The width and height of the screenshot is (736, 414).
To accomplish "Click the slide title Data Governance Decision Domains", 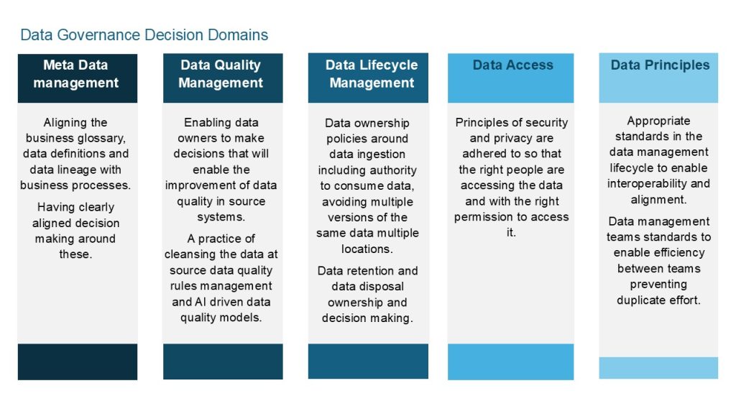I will [x=144, y=34].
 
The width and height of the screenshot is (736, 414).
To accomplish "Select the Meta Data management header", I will [x=76, y=74].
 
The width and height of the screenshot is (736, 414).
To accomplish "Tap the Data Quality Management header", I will [x=221, y=74].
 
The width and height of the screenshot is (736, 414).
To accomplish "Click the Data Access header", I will [x=512, y=65].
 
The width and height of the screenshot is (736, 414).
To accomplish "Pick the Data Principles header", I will [x=660, y=65].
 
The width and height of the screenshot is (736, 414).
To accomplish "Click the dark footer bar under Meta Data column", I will [x=77, y=362].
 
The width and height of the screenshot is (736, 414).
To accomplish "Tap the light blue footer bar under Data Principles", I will [x=658, y=367].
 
